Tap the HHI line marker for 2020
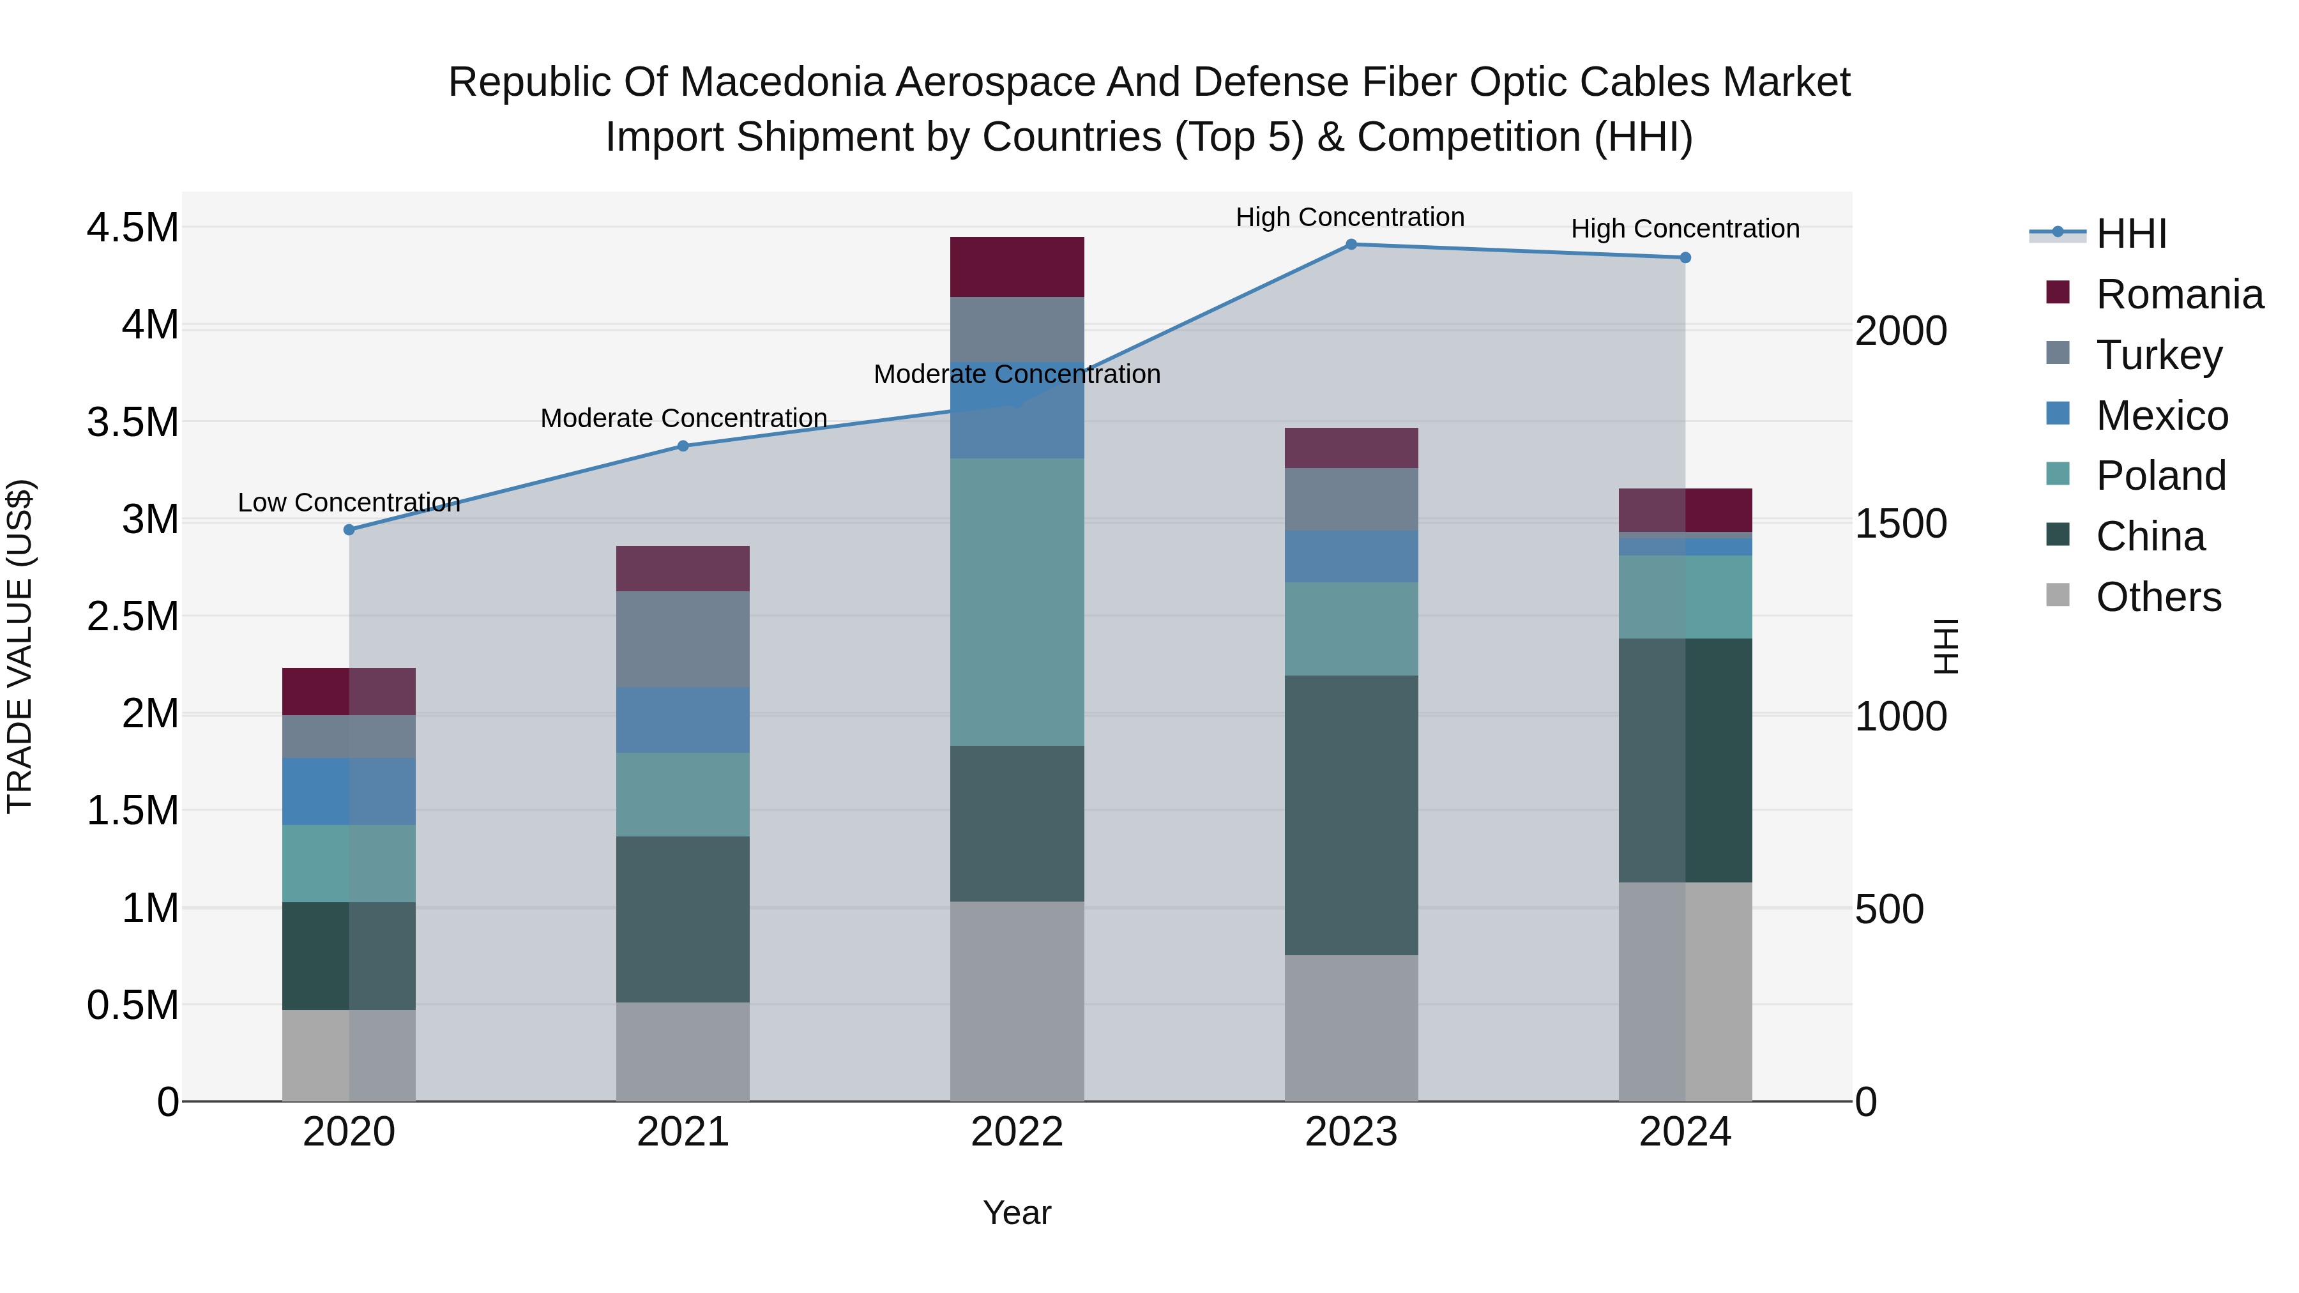[x=349, y=530]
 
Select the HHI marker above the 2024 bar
[x=1685, y=258]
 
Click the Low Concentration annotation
[x=349, y=503]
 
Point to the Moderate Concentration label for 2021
[x=683, y=418]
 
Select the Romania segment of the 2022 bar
[x=1017, y=267]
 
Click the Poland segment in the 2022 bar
[x=1017, y=602]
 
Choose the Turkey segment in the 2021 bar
[x=683, y=639]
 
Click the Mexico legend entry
[x=2162, y=416]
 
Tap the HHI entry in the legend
[x=2130, y=234]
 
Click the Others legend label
[x=2158, y=597]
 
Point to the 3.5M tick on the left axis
[x=132, y=422]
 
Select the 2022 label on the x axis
[x=1017, y=1132]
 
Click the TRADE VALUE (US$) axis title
[x=20, y=646]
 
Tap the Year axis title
[x=1017, y=1214]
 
